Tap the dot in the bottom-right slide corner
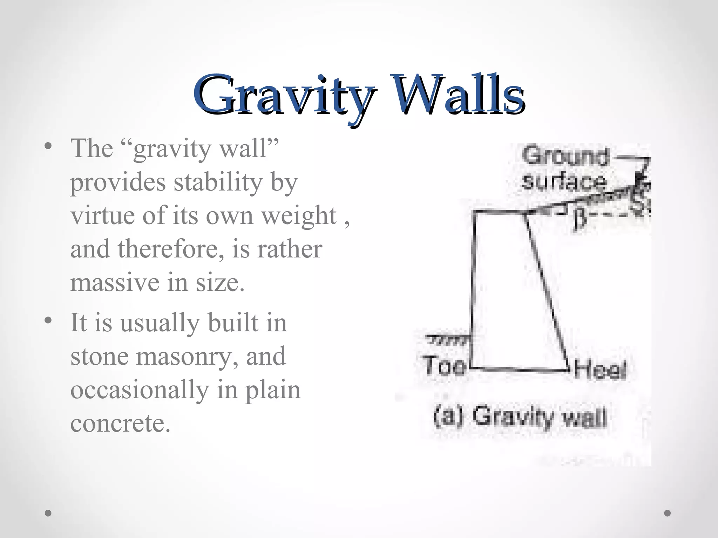click(668, 513)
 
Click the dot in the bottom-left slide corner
click(48, 513)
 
